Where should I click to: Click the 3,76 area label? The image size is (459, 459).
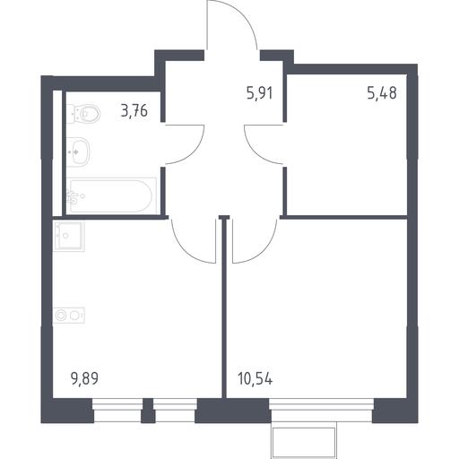click(x=134, y=111)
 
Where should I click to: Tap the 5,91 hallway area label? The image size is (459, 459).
click(x=260, y=93)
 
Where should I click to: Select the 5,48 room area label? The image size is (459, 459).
click(x=382, y=93)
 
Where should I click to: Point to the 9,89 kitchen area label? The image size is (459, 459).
click(x=84, y=379)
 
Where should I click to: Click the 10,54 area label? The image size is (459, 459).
click(x=255, y=379)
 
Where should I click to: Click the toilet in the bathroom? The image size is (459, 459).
click(x=83, y=114)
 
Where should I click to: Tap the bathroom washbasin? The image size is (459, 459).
click(x=78, y=152)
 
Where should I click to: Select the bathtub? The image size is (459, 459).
click(x=111, y=196)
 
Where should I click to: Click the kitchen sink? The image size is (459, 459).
click(x=69, y=236)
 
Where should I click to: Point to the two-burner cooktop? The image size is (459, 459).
click(x=69, y=316)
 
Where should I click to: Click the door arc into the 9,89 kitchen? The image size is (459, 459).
click(x=185, y=252)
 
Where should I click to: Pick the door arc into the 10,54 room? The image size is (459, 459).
click(x=264, y=252)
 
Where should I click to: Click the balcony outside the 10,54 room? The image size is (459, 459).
click(x=304, y=440)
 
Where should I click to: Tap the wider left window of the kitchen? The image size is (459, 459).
click(x=117, y=411)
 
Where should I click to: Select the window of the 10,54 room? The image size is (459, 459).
click(x=322, y=411)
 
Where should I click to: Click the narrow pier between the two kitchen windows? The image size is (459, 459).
click(x=148, y=411)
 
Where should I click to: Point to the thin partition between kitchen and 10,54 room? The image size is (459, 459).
click(x=224, y=307)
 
